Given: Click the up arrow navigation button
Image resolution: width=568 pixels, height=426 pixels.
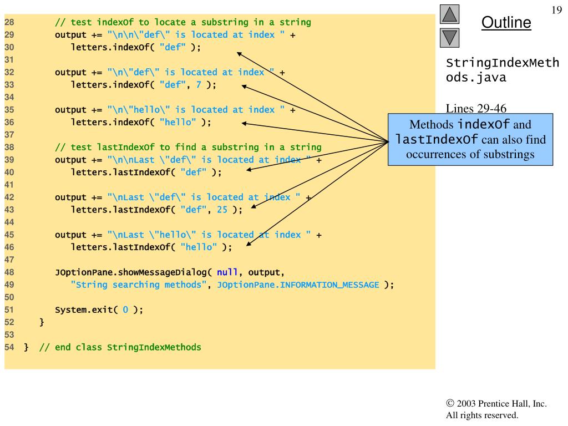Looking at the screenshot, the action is pyautogui.click(x=449, y=14).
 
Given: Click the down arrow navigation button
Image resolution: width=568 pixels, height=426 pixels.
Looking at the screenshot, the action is pyautogui.click(x=449, y=38).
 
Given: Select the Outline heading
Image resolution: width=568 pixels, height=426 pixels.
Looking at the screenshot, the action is pyautogui.click(x=506, y=22).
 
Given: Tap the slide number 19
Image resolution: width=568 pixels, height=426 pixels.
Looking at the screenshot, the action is pyautogui.click(x=557, y=10).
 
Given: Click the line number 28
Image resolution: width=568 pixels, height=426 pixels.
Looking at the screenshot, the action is pyautogui.click(x=9, y=22).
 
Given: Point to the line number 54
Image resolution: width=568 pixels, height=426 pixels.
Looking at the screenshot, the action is pyautogui.click(x=9, y=347).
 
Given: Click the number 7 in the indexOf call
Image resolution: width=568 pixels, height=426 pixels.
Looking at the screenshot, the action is pyautogui.click(x=199, y=84).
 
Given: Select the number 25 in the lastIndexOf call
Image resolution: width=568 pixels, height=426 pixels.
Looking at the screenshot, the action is pyautogui.click(x=222, y=209).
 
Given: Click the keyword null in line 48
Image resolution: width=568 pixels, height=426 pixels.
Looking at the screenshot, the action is pyautogui.click(x=227, y=272).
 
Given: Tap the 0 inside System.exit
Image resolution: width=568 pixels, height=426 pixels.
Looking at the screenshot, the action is pyautogui.click(x=125, y=310).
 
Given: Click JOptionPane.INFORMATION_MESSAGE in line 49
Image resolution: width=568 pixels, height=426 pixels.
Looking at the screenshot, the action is pyautogui.click(x=298, y=285).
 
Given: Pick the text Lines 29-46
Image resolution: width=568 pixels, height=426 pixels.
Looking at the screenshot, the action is pyautogui.click(x=476, y=108).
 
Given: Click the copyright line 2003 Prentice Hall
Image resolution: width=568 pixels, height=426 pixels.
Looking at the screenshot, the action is pyautogui.click(x=496, y=404).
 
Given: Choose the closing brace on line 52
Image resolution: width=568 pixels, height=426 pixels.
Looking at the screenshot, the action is pyautogui.click(x=42, y=322).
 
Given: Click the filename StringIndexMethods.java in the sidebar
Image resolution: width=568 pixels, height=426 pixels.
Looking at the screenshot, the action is pyautogui.click(x=502, y=70).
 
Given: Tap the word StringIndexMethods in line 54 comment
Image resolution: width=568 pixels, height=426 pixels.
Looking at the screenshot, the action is pyautogui.click(x=154, y=347).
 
